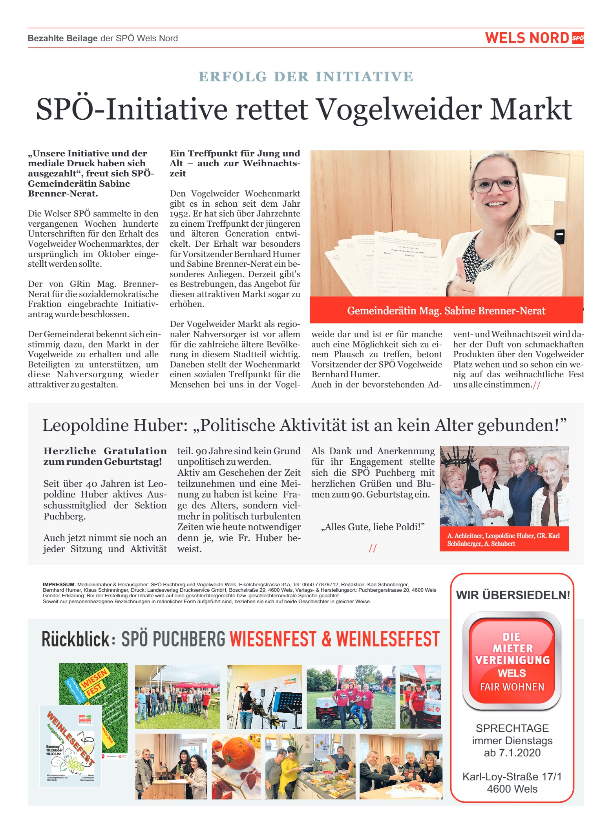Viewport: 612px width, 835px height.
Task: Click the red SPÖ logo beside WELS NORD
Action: point(577,38)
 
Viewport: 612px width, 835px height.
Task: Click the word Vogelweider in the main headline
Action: point(398,109)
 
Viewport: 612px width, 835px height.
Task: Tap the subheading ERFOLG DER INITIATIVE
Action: point(306,77)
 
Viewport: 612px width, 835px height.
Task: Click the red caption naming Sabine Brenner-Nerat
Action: point(446,311)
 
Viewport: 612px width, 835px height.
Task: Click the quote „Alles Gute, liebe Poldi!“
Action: point(373,527)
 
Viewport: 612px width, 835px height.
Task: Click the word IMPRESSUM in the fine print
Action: point(59,584)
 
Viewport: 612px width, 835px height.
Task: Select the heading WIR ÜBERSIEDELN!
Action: point(513,595)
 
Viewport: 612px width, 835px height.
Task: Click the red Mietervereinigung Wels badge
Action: point(512,661)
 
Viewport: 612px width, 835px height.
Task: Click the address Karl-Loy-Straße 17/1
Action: point(512,777)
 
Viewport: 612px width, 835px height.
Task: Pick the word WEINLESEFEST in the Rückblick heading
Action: point(388,639)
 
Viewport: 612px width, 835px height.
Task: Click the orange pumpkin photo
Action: point(236,766)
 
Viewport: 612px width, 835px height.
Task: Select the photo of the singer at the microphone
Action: point(264,697)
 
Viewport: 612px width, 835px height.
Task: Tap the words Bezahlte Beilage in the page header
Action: point(62,39)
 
